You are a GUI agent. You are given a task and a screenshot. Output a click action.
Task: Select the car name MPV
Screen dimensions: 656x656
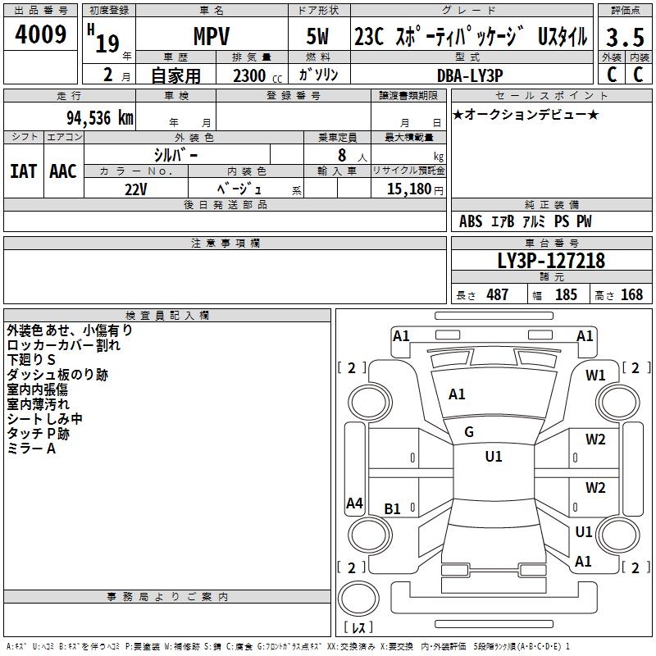[211, 36]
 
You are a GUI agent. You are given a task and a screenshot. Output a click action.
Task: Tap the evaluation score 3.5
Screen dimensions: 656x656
[624, 37]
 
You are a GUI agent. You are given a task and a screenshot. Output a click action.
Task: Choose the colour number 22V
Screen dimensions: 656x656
[136, 189]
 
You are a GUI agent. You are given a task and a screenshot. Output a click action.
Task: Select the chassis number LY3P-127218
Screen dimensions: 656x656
[551, 261]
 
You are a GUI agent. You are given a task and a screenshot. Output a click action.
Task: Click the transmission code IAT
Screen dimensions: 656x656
[23, 171]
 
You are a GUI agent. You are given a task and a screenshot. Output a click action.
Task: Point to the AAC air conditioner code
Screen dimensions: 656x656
[63, 171]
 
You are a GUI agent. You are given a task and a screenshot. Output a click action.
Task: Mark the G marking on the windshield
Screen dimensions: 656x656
[469, 432]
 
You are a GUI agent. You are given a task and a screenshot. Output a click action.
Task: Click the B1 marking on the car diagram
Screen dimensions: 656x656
[393, 509]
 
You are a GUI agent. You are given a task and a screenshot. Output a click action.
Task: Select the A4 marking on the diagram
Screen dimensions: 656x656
[354, 503]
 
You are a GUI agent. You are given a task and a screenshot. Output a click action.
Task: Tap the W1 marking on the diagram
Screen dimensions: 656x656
[595, 376]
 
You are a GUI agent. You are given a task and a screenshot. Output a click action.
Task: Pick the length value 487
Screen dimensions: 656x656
[497, 295]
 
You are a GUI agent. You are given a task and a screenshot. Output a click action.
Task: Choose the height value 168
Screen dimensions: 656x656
[631, 295]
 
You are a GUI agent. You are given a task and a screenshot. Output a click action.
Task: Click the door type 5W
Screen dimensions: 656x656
[320, 36]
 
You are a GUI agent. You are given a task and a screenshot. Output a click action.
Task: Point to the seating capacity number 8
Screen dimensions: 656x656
[339, 155]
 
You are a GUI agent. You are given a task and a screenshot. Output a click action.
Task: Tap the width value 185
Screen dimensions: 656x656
[566, 295]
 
